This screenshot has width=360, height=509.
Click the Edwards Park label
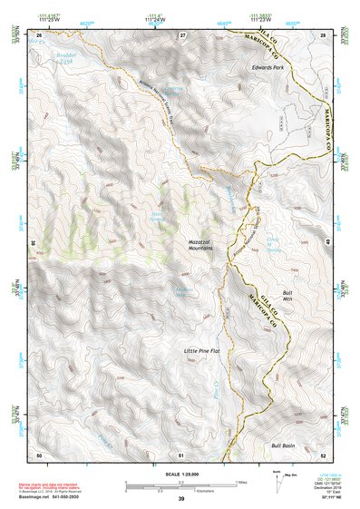[x=270, y=67]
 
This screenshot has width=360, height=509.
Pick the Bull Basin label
[x=285, y=445]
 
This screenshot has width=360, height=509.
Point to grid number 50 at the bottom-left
[x=39, y=454]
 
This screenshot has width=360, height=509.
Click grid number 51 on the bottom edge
[x=182, y=454]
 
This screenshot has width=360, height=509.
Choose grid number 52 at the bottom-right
[x=324, y=454]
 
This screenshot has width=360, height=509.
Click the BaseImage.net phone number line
[x=50, y=496]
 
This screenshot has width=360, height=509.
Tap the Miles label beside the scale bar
[x=242, y=482]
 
